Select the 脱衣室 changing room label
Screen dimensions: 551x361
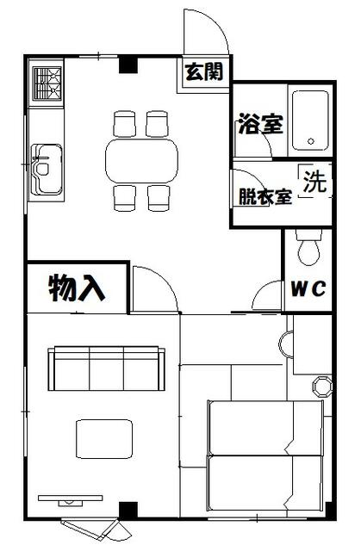265,199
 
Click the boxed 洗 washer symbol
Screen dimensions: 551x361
314,182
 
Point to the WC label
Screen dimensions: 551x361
307,289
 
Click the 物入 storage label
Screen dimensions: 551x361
77,288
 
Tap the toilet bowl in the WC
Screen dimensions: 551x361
308,249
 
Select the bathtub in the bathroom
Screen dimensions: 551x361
309,121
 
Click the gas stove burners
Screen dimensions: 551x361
47,84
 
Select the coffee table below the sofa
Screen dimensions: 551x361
105,437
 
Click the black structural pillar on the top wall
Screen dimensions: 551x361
128,64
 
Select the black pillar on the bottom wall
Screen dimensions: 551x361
128,510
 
